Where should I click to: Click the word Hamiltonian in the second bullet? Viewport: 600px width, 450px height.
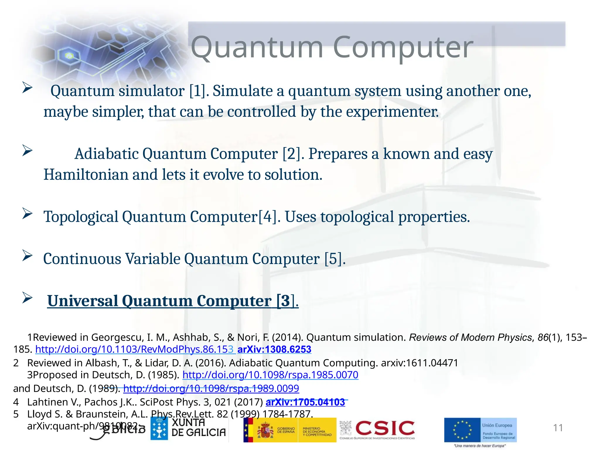[x=86, y=175]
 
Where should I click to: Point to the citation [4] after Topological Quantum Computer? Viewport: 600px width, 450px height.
[x=267, y=217]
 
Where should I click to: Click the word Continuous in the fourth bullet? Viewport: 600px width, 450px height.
[x=82, y=259]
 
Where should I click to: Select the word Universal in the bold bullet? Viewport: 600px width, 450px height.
[x=82, y=301]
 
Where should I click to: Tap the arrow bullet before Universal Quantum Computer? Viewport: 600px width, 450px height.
[x=27, y=298]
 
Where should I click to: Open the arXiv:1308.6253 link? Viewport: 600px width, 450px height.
[x=274, y=350]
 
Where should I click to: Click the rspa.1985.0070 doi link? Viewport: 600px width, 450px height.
[x=270, y=375]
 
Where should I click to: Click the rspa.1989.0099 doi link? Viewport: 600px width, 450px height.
[x=211, y=388]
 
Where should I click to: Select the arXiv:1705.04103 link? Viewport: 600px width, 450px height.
[x=305, y=403]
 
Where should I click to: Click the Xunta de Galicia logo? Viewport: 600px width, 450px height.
[x=188, y=428]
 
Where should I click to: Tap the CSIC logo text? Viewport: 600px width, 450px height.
[x=385, y=428]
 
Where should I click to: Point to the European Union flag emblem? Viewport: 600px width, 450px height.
[x=462, y=430]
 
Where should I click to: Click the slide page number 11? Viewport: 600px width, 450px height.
[x=558, y=428]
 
